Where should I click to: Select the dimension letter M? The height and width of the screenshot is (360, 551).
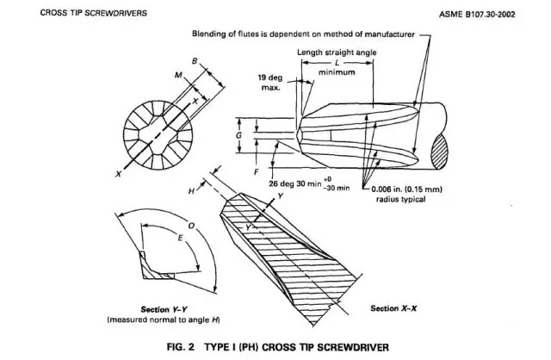pyautogui.click(x=178, y=76)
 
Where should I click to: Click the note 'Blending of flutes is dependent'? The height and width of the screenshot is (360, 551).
pyautogui.click(x=310, y=35)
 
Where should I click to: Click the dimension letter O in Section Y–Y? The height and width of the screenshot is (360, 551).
pyautogui.click(x=191, y=226)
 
